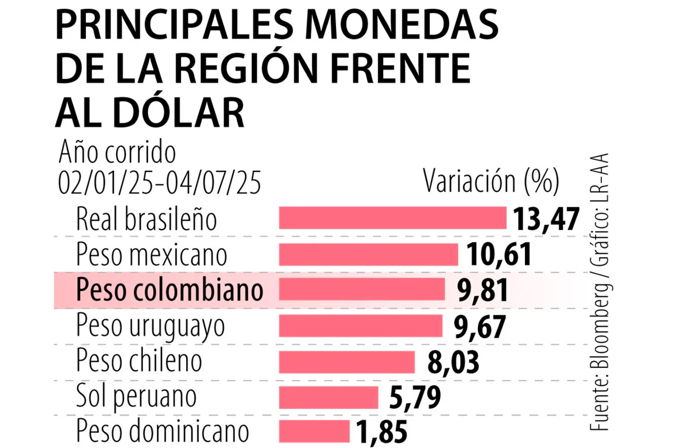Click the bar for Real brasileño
[393, 218]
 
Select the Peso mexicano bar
[368, 254]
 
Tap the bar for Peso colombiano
[362, 290]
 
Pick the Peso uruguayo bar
[360, 326]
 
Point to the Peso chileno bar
[347, 362]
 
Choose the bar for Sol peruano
[328, 398]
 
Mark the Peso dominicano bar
[314, 432]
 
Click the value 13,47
[546, 219]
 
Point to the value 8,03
[453, 362]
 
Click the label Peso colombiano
[169, 290]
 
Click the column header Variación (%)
[491, 181]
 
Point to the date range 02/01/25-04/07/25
[159, 182]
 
